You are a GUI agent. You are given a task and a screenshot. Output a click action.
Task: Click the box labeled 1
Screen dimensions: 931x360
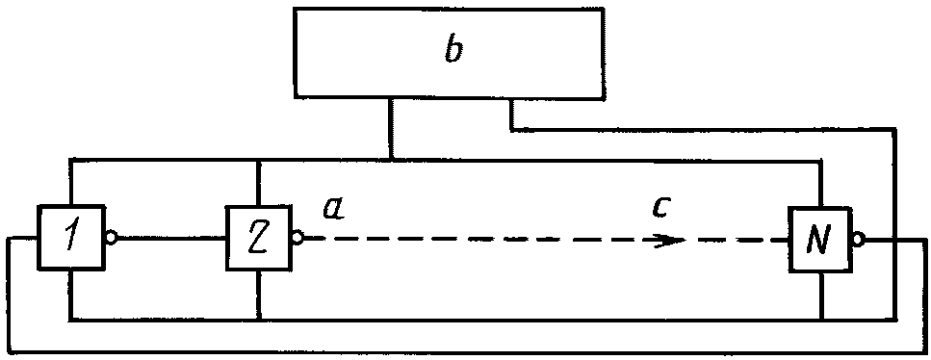[71, 237]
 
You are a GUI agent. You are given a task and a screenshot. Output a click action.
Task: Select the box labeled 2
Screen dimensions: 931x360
[258, 237]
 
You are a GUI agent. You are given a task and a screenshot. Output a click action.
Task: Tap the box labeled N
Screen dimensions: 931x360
[820, 239]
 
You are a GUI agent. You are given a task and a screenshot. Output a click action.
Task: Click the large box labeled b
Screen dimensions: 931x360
[450, 52]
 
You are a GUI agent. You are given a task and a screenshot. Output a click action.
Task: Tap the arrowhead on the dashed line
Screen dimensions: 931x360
[670, 241]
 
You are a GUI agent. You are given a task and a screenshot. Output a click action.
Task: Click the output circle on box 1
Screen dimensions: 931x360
[111, 238]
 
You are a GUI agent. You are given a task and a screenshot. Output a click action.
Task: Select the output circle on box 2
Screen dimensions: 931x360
[297, 238]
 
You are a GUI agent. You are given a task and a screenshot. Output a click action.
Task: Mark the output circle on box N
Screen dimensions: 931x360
[859, 240]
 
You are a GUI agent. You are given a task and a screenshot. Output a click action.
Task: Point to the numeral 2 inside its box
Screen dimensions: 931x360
[258, 238]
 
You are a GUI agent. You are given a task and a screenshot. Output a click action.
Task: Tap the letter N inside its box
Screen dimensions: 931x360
[820, 240]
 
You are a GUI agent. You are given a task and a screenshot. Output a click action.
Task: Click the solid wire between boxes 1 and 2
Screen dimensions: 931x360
[171, 238]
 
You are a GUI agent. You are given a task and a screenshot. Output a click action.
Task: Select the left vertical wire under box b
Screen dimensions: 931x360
[390, 128]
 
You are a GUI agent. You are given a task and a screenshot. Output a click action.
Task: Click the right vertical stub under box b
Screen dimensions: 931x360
[510, 113]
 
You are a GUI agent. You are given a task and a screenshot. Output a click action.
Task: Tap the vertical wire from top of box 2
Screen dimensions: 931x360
[259, 182]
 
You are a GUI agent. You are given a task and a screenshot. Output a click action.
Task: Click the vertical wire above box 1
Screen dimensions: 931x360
[70, 182]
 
